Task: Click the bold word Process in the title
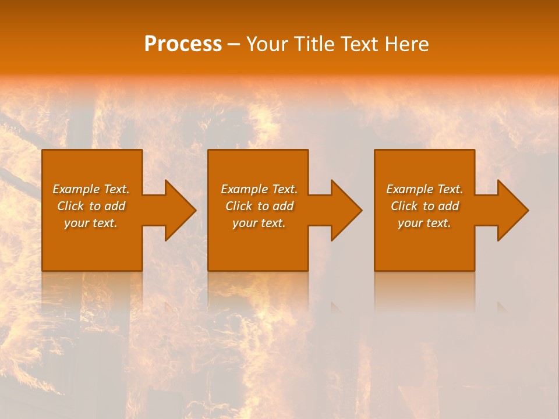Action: pyautogui.click(x=183, y=44)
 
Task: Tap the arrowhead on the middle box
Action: pyautogui.click(x=345, y=210)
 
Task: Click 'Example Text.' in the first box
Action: pyautogui.click(x=91, y=189)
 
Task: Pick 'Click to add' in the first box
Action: pyautogui.click(x=91, y=206)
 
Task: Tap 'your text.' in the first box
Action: pyautogui.click(x=91, y=223)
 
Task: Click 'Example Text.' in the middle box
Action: pyautogui.click(x=259, y=189)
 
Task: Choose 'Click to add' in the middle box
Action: pyautogui.click(x=259, y=206)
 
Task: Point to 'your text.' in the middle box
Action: pyautogui.click(x=259, y=223)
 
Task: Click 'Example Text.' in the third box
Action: pyautogui.click(x=424, y=189)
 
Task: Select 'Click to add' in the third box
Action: pyautogui.click(x=424, y=206)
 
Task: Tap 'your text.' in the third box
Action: pyautogui.click(x=424, y=223)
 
